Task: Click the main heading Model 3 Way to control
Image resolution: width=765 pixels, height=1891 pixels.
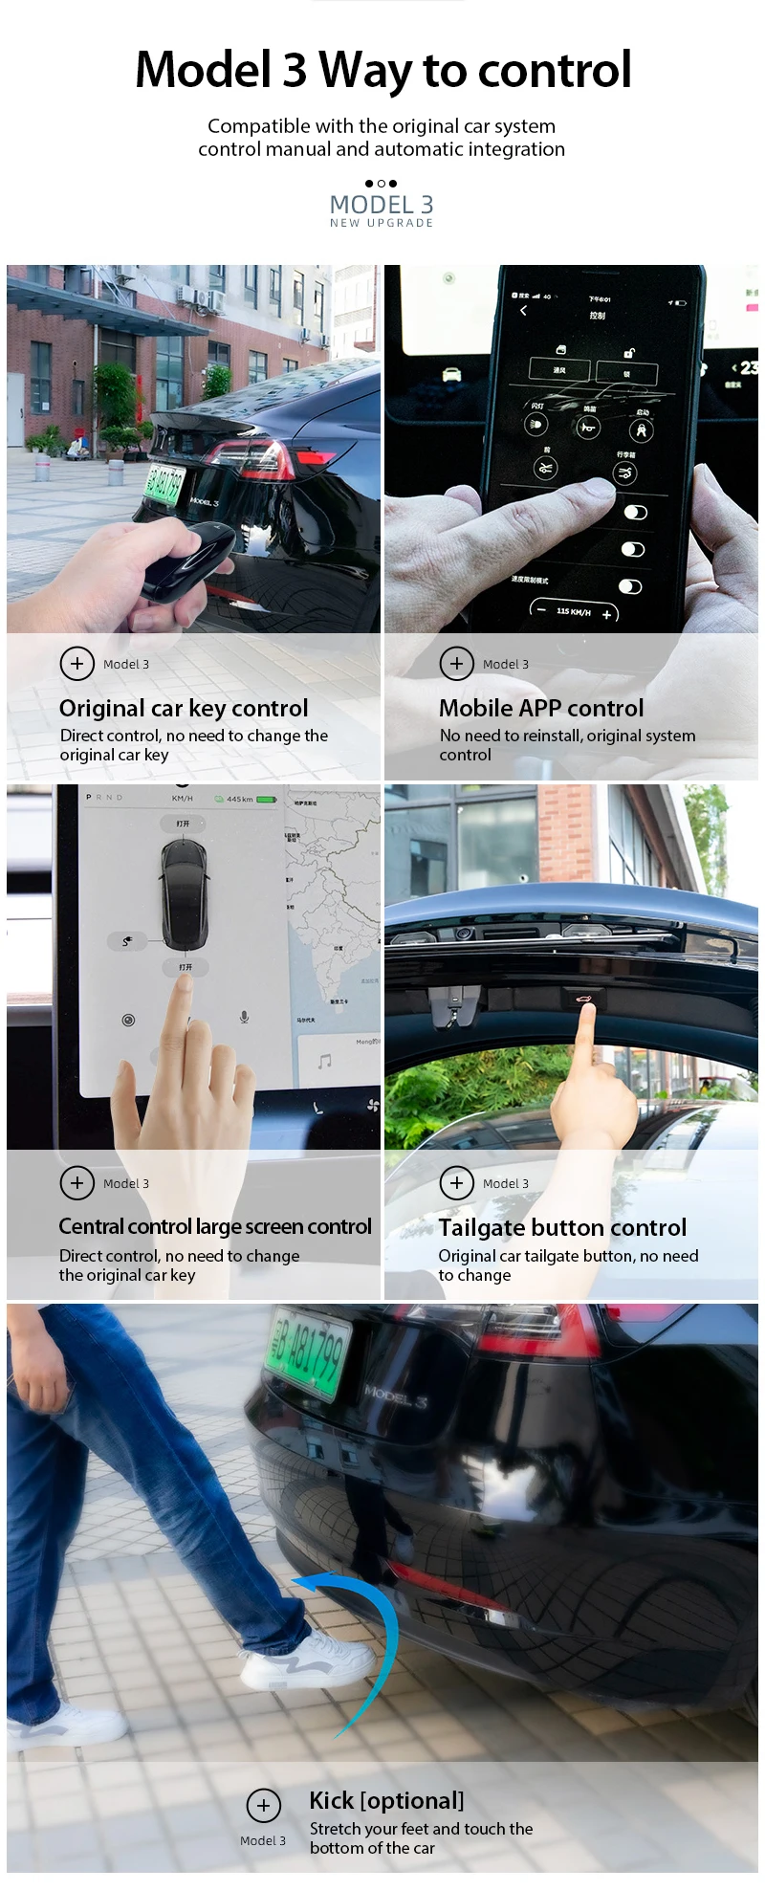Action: click(x=382, y=70)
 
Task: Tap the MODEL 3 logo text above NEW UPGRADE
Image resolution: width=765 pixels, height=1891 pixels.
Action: click(x=382, y=205)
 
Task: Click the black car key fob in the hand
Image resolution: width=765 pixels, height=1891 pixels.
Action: click(x=187, y=561)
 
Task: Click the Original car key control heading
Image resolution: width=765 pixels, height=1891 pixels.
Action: click(x=184, y=709)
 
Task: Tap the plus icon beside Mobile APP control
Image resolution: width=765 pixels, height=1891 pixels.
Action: click(x=456, y=663)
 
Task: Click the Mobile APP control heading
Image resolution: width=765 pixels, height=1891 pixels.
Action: click(x=541, y=709)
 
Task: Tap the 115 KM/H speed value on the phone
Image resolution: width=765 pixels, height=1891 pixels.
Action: click(x=573, y=611)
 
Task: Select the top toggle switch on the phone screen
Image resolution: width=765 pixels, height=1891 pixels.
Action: click(x=635, y=513)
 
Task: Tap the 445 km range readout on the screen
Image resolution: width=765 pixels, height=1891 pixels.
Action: click(x=240, y=799)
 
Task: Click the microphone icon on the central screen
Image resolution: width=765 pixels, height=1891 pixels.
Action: click(x=245, y=1017)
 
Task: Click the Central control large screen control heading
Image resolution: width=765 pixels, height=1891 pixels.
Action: click(x=215, y=1227)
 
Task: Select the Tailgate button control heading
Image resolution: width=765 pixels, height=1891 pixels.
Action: click(x=562, y=1228)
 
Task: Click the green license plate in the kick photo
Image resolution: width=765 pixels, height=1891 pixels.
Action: click(x=308, y=1353)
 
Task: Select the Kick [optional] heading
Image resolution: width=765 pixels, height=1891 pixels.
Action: click(x=386, y=1801)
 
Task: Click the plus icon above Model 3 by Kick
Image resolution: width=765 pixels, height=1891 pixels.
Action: click(x=264, y=1805)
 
